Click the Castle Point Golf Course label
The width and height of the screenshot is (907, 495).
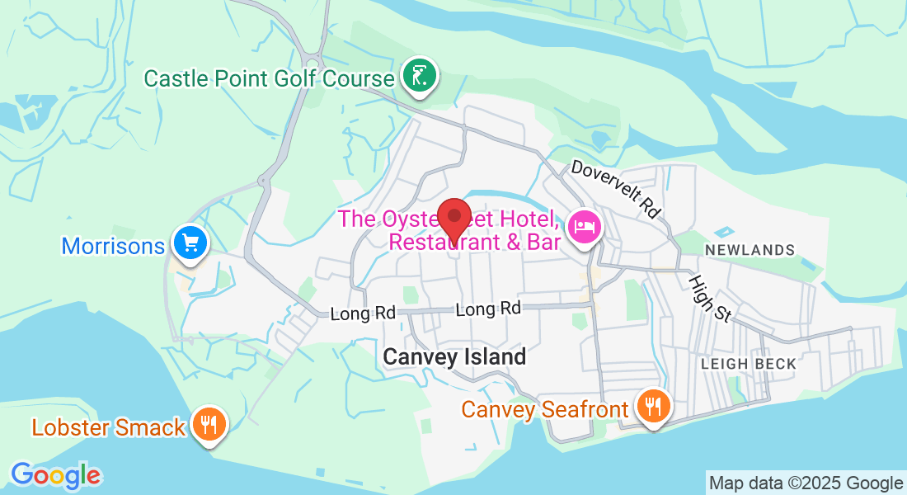269,79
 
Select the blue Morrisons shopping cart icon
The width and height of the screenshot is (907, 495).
190,243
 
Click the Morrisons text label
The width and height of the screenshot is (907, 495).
113,246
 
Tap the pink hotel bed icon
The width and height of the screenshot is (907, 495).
585,225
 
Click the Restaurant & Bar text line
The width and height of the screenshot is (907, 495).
474,243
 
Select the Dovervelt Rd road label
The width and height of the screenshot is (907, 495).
616,189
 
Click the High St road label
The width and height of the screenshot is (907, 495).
710,299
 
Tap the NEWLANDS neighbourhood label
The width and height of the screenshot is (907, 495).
750,250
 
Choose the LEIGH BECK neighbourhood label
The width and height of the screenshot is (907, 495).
749,364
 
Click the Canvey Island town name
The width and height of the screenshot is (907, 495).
454,357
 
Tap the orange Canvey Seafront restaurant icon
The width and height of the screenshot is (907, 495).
653,406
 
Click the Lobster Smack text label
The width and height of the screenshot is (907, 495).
108,427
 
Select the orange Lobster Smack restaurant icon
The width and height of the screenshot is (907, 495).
209,424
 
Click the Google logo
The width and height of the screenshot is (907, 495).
55,475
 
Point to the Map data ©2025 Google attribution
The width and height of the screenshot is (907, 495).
806,483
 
